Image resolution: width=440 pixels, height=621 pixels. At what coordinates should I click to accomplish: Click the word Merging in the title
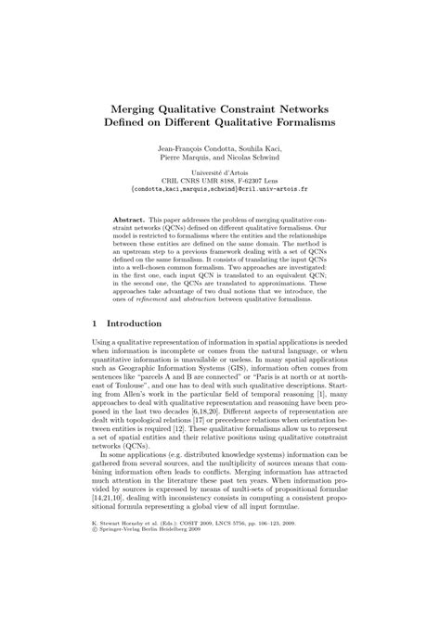click(138, 107)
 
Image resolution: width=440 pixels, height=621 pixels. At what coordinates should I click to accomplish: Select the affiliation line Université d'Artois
click(220, 176)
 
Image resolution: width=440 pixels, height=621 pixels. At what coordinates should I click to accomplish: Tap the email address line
click(220, 194)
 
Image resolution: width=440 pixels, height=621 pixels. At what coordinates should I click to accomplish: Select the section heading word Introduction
click(134, 323)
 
